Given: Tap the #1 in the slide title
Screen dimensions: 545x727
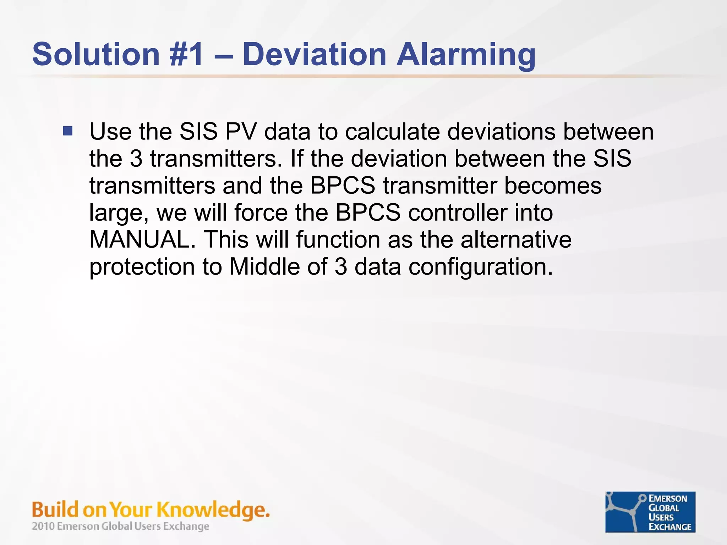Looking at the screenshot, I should [x=187, y=54].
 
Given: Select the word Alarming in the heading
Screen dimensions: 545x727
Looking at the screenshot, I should [x=466, y=55].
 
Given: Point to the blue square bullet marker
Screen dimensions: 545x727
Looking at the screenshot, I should [x=68, y=131].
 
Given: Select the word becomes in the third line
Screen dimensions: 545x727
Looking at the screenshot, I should [x=553, y=186].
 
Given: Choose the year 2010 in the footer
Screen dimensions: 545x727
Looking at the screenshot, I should [x=43, y=526].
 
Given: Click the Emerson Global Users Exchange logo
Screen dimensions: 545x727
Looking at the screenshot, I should [x=650, y=512].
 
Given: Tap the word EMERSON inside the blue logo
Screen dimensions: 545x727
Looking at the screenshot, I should [x=667, y=499].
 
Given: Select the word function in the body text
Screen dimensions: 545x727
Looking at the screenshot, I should [x=338, y=240].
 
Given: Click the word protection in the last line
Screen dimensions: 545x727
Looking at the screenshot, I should [x=142, y=267].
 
